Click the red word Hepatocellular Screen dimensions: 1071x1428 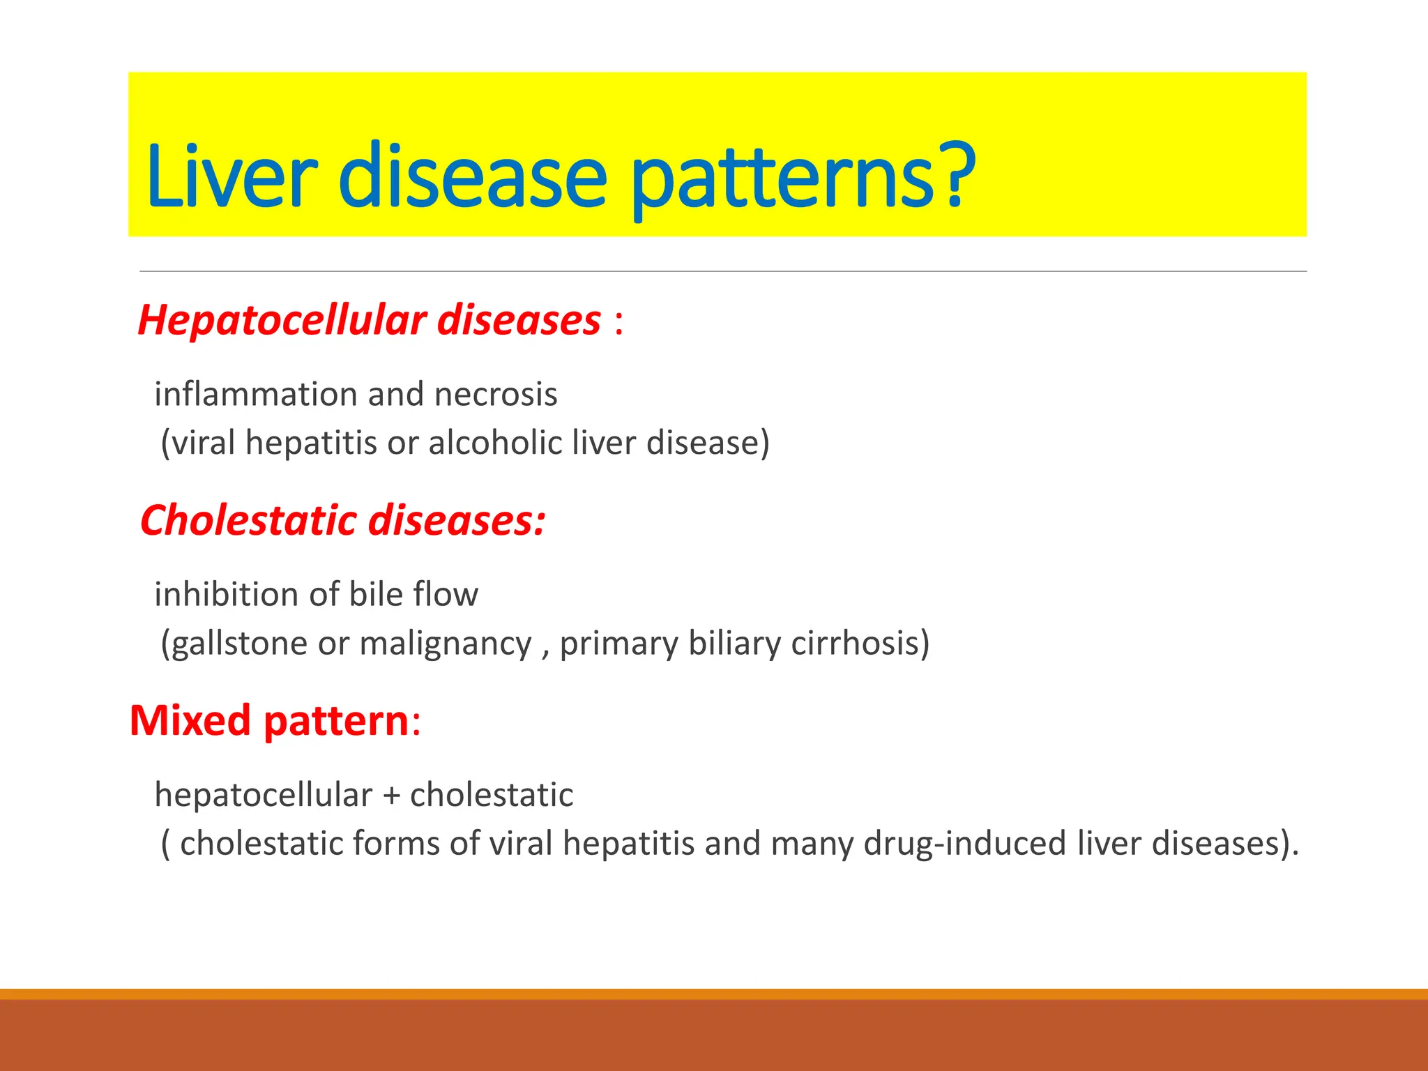282,321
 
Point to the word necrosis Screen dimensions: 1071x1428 496,395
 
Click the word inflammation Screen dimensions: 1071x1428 256,395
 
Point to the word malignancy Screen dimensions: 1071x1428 446,644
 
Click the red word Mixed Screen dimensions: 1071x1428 190,720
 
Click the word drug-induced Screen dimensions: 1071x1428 965,844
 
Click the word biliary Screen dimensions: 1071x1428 734,644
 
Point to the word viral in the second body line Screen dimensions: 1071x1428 204,443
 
